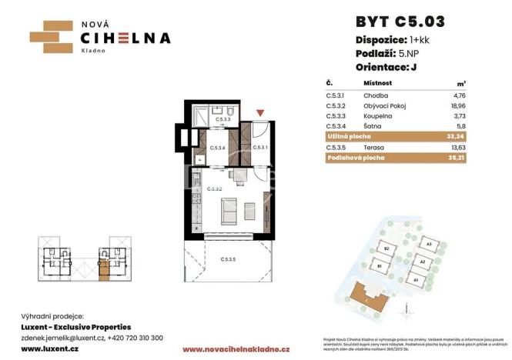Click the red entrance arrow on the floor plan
(261, 115)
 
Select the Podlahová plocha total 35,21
(455, 158)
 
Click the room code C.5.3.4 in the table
(336, 125)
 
